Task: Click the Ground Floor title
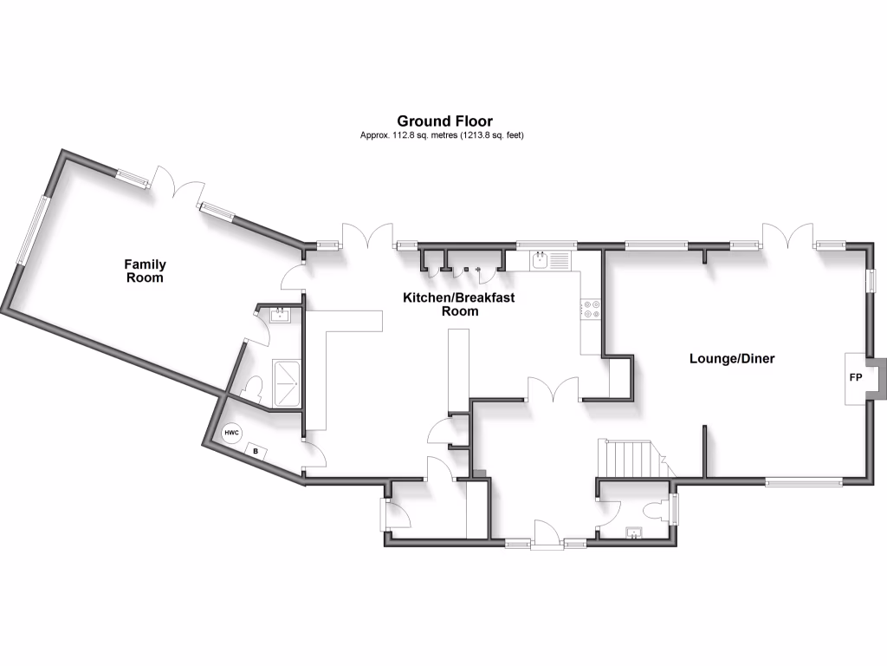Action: (x=444, y=121)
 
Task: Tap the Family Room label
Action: (x=145, y=271)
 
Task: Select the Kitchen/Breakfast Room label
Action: (x=459, y=304)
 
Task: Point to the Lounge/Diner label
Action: (x=732, y=358)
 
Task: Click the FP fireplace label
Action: (x=856, y=378)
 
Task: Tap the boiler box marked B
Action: (x=256, y=450)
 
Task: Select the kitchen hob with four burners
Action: (x=592, y=309)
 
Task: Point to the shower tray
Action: (x=286, y=383)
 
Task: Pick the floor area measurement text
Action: (x=443, y=136)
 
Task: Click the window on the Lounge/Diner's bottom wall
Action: (x=804, y=482)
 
